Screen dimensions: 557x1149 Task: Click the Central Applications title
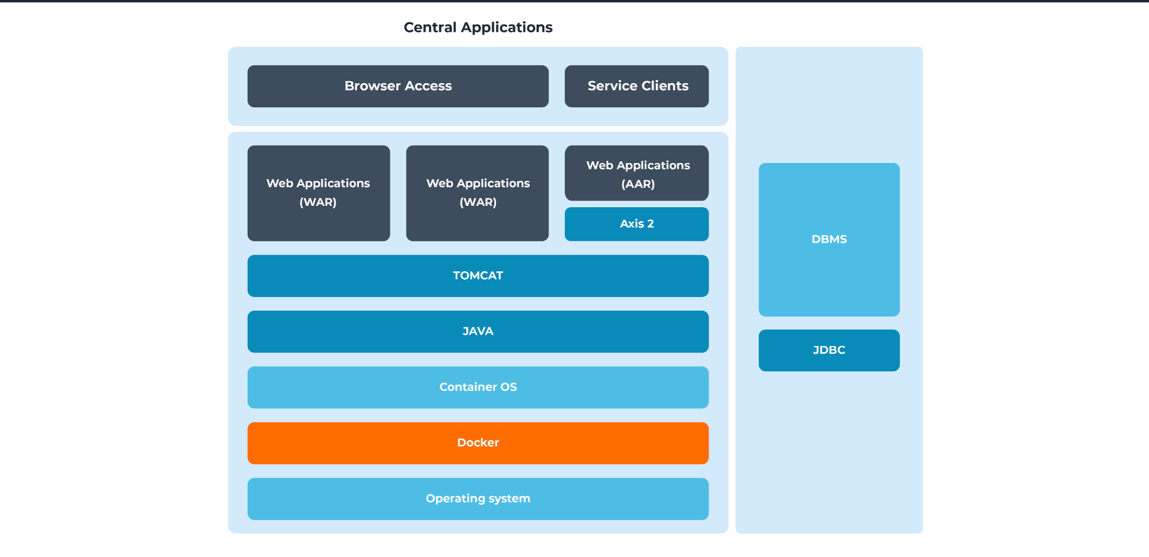tap(478, 28)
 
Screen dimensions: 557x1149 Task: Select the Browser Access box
tap(397, 86)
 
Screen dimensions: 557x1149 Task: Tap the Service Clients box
tap(636, 86)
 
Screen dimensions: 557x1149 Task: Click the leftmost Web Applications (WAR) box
tap(318, 193)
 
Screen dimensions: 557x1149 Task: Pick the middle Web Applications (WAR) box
tap(477, 193)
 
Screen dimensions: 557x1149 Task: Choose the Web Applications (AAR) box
tap(636, 174)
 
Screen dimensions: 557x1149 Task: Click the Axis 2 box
tap(636, 224)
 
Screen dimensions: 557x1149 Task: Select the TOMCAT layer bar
tap(478, 276)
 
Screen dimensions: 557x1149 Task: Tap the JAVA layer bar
tap(478, 331)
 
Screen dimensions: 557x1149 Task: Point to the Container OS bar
tap(478, 387)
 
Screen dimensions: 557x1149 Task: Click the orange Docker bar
tap(478, 443)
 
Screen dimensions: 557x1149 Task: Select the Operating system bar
tap(478, 498)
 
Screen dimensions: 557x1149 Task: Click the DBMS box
tap(829, 239)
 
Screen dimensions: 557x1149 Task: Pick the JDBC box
tap(829, 350)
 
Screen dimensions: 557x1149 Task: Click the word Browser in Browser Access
tap(372, 86)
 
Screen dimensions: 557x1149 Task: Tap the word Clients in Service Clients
tap(665, 86)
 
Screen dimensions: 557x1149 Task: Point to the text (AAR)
tap(638, 184)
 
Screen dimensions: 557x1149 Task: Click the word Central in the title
tap(430, 28)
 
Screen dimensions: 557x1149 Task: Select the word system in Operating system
tap(509, 499)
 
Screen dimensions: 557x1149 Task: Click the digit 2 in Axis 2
tap(651, 224)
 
